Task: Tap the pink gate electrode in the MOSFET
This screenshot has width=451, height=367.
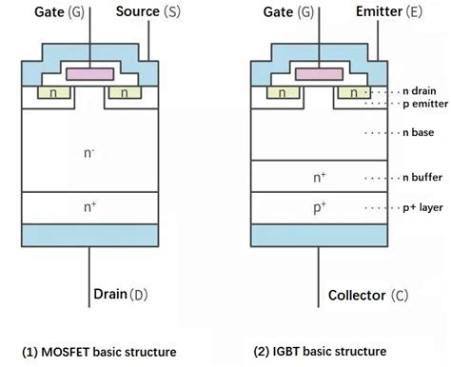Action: click(x=91, y=74)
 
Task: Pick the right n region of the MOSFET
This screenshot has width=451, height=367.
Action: click(x=127, y=93)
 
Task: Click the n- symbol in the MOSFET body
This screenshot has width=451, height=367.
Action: click(x=90, y=150)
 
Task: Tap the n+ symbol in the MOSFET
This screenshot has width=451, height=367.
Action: click(x=90, y=205)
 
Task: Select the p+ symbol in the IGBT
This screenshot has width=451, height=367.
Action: click(x=319, y=206)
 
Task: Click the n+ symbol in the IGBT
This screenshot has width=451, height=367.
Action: click(x=319, y=178)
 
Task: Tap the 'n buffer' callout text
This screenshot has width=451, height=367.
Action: click(x=422, y=178)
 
